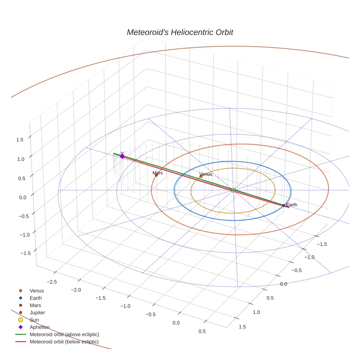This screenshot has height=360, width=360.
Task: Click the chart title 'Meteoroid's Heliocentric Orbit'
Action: click(x=180, y=32)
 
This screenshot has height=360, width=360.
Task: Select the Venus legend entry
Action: click(x=37, y=290)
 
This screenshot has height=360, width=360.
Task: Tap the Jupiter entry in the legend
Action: click(x=37, y=312)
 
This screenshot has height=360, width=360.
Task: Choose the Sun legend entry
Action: click(x=35, y=320)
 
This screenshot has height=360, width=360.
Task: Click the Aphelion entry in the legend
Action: click(x=40, y=327)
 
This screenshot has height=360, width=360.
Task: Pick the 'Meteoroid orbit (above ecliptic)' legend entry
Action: click(x=64, y=334)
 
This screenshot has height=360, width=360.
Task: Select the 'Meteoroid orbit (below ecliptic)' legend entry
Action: click(x=64, y=342)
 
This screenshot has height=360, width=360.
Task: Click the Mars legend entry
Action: click(x=35, y=305)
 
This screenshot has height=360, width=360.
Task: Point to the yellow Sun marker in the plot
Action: click(x=233, y=190)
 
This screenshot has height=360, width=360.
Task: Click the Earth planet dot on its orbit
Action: click(x=284, y=206)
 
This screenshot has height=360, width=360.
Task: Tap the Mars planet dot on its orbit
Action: click(x=156, y=175)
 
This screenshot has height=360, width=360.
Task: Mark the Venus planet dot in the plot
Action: click(x=201, y=176)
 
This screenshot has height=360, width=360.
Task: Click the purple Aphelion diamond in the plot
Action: click(x=122, y=156)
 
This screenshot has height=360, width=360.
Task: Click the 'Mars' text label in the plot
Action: click(x=158, y=173)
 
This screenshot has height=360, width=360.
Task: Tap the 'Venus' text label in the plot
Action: click(x=206, y=174)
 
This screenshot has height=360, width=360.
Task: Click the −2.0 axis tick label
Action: click(x=76, y=290)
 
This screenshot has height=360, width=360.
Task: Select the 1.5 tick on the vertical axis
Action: click(x=20, y=139)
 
